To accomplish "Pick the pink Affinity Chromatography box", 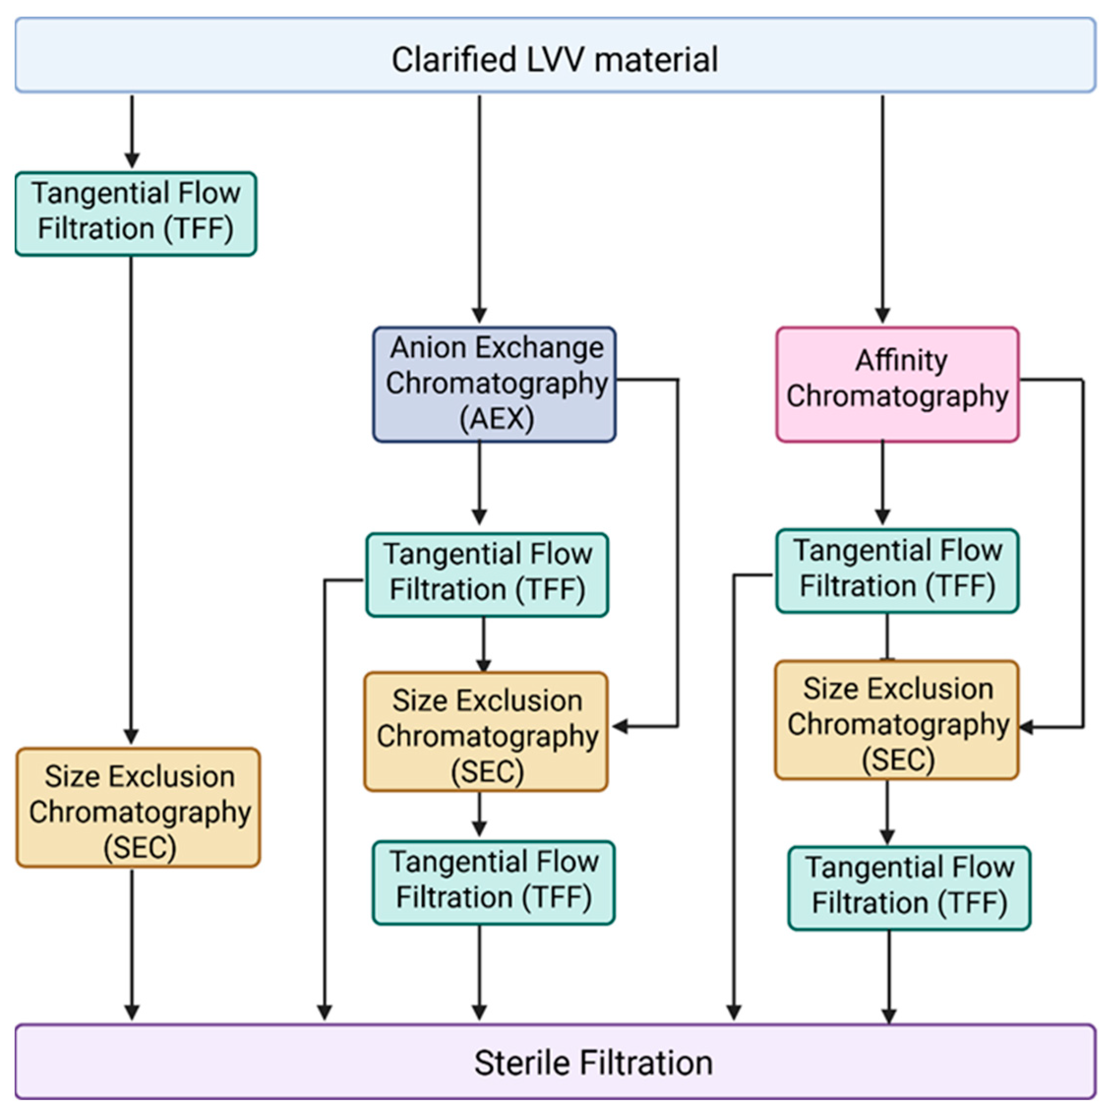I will [897, 384].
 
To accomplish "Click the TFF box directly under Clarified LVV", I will [136, 213].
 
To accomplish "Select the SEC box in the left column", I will [139, 808].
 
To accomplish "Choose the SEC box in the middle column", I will [486, 731].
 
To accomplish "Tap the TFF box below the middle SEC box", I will [493, 883].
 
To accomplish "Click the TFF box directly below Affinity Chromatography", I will [897, 571].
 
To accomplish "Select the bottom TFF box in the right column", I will [909, 888].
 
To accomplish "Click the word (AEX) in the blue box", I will [496, 419].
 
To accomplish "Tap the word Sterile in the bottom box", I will [523, 1063].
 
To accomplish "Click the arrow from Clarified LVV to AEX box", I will [479, 208].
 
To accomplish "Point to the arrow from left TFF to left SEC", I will [132, 496].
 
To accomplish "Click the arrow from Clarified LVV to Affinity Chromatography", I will [882, 208].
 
